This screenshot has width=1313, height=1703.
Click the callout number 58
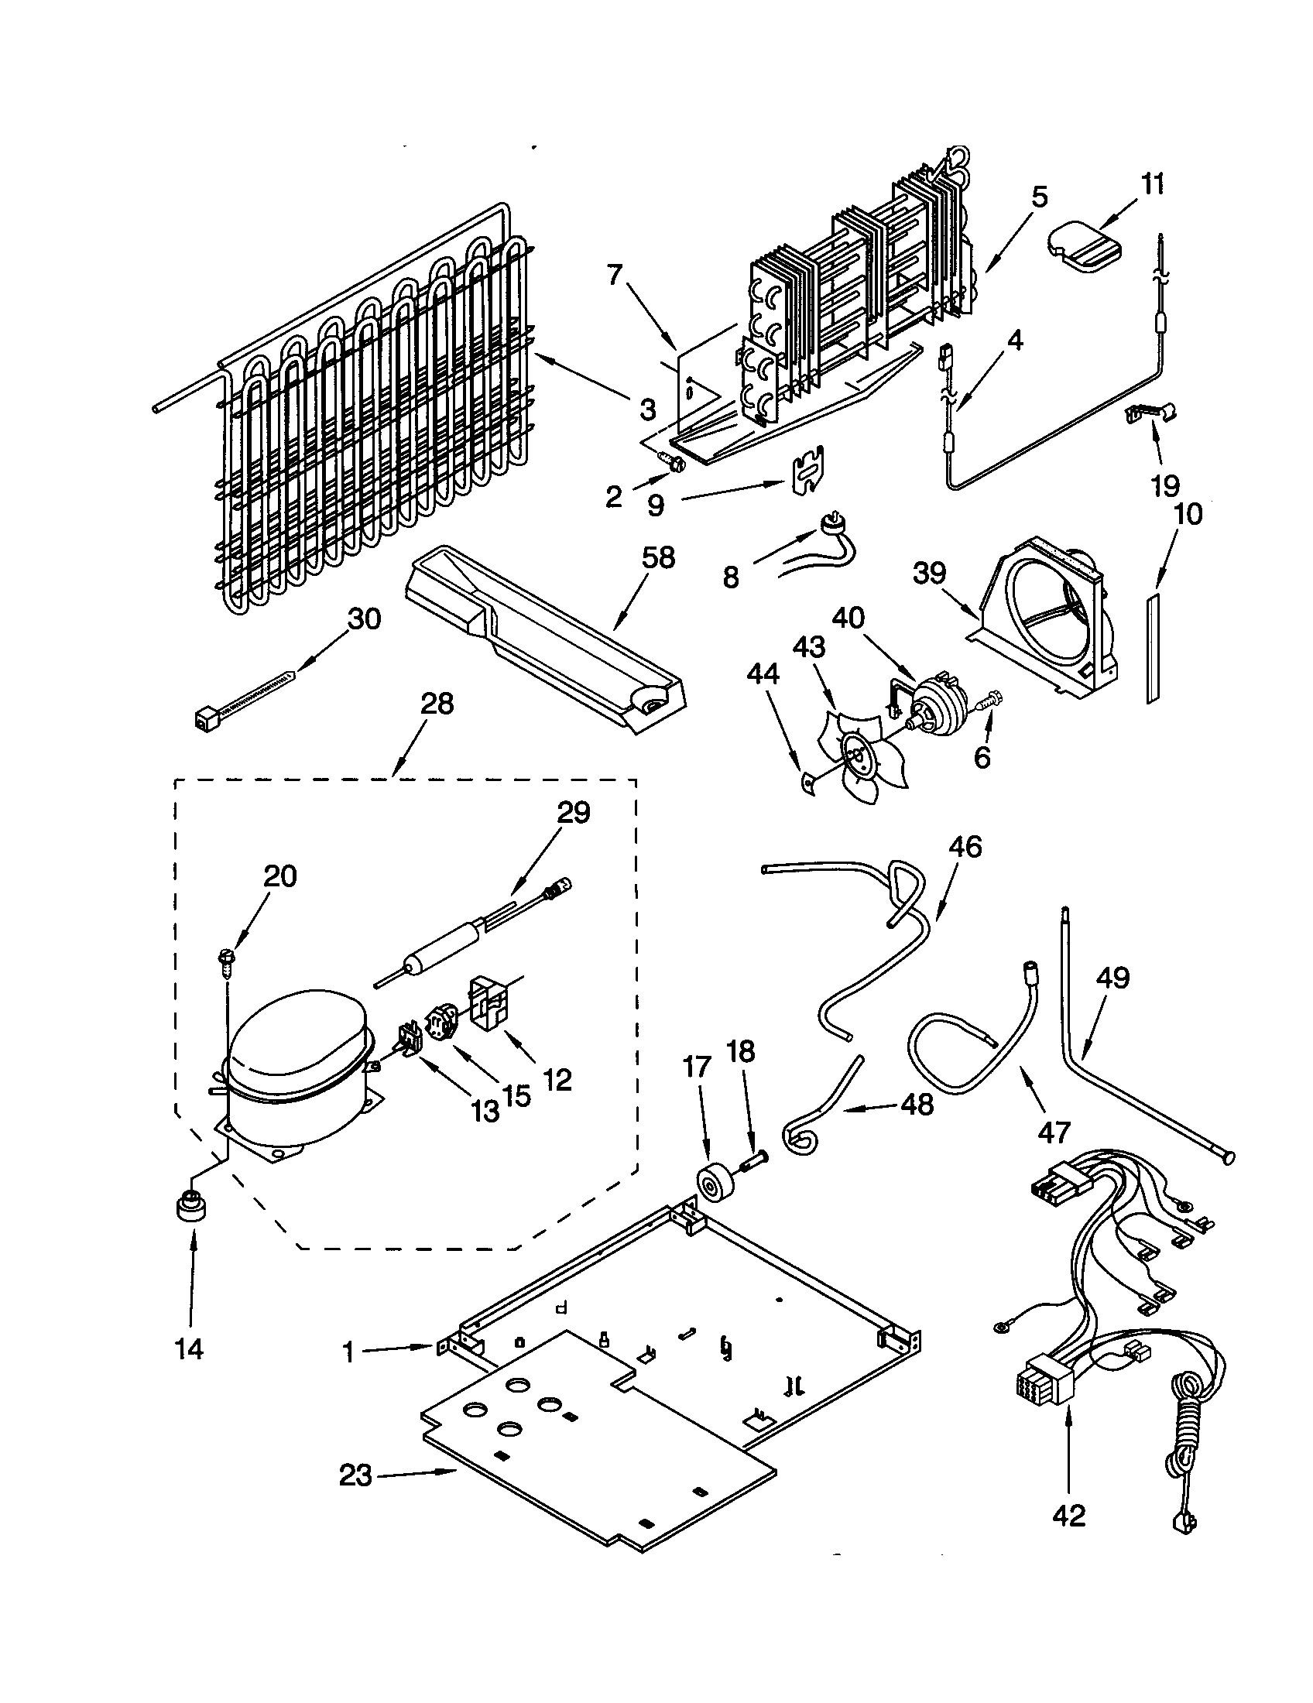tap(658, 558)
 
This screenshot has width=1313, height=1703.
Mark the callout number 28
tap(437, 704)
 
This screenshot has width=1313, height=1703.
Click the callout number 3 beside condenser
tap(648, 409)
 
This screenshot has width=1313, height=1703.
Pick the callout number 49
tap(1112, 978)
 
